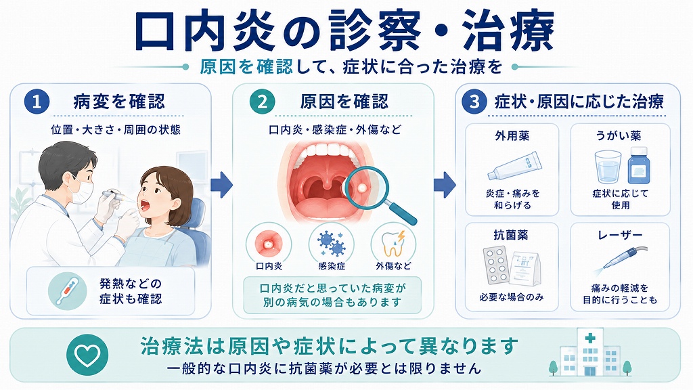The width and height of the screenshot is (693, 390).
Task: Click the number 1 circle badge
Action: tap(37, 102)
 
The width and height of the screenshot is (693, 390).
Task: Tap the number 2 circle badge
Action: tap(262, 102)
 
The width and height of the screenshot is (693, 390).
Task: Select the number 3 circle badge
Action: tap(474, 102)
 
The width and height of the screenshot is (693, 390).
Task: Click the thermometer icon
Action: tap(68, 290)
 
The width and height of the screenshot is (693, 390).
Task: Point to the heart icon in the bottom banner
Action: tap(87, 355)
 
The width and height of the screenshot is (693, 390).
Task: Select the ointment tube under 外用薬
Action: tap(514, 167)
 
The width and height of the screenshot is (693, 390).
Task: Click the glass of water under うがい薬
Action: tap(608, 167)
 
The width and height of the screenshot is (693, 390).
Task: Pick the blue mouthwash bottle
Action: tap(639, 165)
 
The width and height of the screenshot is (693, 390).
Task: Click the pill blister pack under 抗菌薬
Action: tap(497, 265)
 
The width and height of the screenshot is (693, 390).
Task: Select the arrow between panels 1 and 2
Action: tap(221, 185)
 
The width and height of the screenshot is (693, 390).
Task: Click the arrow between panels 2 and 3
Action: tap(445, 185)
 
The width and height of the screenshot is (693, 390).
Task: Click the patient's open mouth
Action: tap(145, 204)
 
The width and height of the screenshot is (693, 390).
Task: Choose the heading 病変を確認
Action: tap(119, 102)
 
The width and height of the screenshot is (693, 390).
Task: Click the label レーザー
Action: tap(620, 236)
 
